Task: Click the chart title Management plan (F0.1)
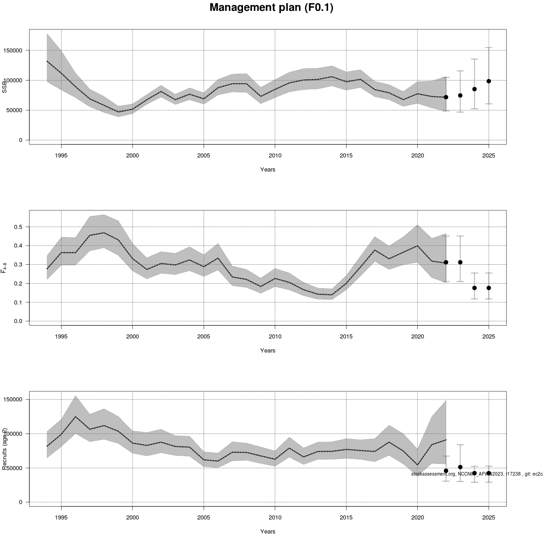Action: tap(271, 8)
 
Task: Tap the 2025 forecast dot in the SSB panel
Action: tap(489, 81)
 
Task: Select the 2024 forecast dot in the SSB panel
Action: tap(474, 89)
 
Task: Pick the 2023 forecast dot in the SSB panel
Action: tap(460, 95)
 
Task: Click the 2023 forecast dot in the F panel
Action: tap(460, 262)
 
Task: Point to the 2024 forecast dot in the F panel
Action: tap(474, 288)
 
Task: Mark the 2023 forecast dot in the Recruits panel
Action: tap(460, 467)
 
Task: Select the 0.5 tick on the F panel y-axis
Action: tap(19, 227)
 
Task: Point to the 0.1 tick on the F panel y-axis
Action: tap(19, 302)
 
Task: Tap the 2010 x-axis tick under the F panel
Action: tap(275, 337)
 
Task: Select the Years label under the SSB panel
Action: tap(267, 170)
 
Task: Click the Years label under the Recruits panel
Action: tap(267, 532)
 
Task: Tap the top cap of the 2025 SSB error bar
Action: tap(489, 48)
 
